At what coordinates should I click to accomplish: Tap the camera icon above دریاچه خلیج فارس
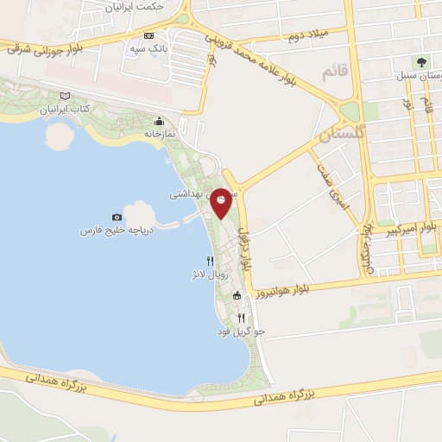(x=117, y=217)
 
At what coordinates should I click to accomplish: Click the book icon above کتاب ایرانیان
(x=65, y=97)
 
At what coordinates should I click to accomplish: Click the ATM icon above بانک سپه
(x=150, y=36)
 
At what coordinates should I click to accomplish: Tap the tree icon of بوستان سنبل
(x=420, y=62)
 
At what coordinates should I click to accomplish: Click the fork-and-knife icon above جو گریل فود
(x=241, y=318)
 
